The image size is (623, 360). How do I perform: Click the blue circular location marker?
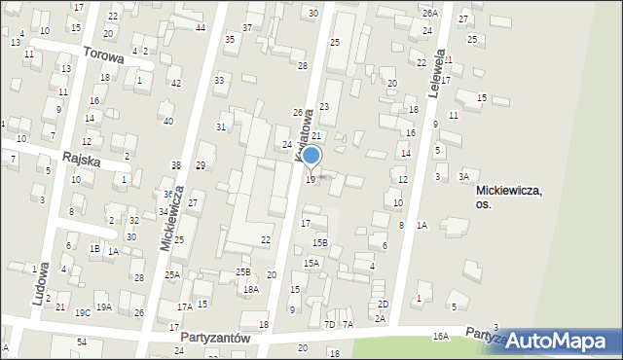(311, 156)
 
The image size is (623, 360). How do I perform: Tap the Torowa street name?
(103, 55)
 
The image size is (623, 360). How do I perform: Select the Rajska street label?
(82, 158)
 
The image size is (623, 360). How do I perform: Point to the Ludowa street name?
(40, 283)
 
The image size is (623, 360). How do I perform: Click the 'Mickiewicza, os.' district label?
(509, 198)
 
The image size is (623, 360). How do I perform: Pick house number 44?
(200, 27)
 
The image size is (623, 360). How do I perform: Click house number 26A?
(430, 13)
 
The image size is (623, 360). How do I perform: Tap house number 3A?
(464, 176)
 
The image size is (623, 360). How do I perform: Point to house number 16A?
(441, 336)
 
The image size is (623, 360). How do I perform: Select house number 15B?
(320, 242)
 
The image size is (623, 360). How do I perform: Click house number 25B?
(242, 271)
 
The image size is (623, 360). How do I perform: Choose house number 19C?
(83, 311)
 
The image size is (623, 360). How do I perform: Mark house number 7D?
(329, 324)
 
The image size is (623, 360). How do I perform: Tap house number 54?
(82, 342)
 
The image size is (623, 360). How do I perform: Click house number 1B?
(94, 248)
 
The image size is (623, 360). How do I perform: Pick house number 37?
(247, 27)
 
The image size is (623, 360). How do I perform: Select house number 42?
(175, 84)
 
